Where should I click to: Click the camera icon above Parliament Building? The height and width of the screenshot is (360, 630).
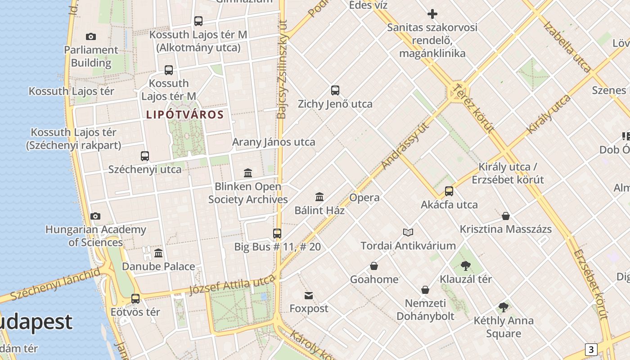pos(91,36)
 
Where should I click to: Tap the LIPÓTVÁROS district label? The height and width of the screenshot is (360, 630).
pos(185,115)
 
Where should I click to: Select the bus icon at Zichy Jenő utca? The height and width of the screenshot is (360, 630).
pos(335,90)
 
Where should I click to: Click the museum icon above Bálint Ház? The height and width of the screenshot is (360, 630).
pos(319,197)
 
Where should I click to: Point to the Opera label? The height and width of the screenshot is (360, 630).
pos(364,198)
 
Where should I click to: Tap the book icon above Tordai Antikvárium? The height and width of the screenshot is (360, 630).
pos(408,232)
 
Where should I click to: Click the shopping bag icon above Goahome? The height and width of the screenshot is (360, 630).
pos(374,266)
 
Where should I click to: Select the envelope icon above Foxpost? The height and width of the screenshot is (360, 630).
pos(309,296)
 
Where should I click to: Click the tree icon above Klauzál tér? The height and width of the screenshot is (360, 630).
pos(466,266)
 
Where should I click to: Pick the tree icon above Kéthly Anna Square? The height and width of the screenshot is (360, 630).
pos(504,308)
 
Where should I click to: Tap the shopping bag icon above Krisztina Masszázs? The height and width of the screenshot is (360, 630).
pos(506,216)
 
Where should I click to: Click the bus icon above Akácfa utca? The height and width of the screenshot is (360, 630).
pos(449,191)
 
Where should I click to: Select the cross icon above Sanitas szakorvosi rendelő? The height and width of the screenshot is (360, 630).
pos(432,14)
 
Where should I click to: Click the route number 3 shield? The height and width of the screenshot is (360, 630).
pos(591,349)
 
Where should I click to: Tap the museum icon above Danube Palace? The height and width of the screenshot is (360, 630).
pos(158,253)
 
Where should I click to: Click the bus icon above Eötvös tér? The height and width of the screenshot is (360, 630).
pos(135,298)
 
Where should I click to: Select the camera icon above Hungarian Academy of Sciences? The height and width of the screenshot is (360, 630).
pos(95,216)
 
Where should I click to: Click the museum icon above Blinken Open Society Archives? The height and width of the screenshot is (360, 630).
pos(248,173)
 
